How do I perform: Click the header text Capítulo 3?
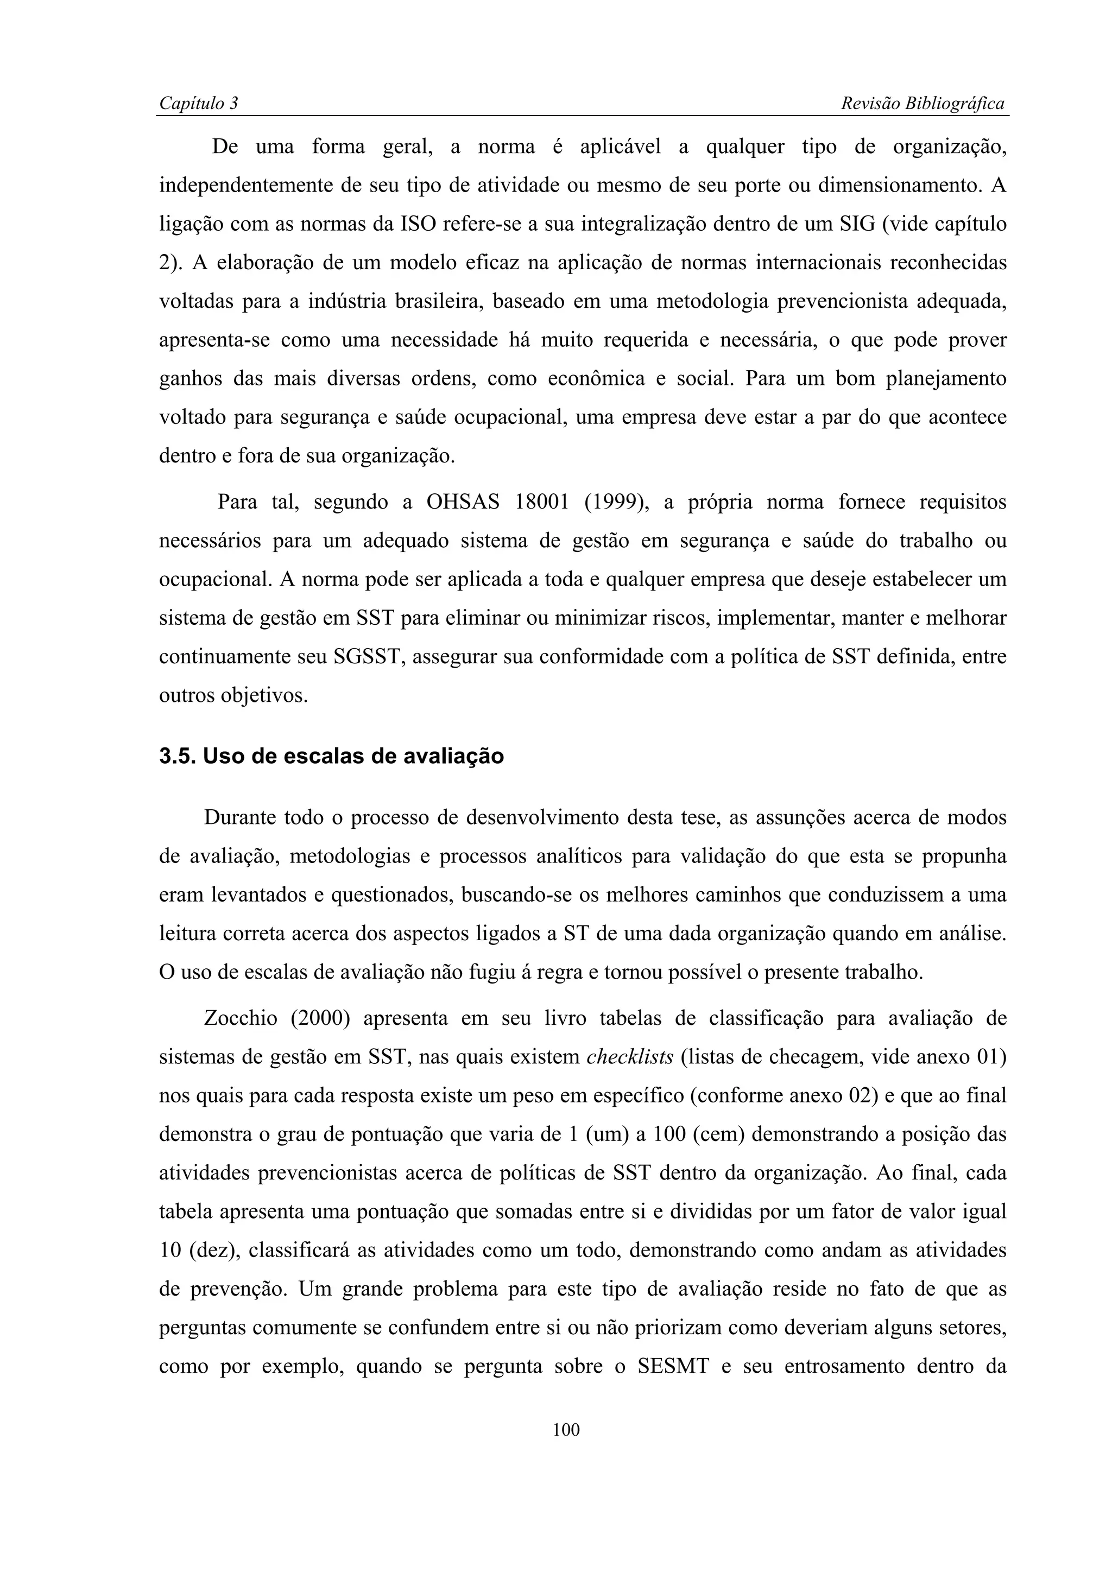click(x=198, y=104)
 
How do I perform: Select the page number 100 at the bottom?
click(x=566, y=1430)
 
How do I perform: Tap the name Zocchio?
click(x=241, y=1019)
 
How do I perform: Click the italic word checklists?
click(x=630, y=1057)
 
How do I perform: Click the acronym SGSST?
click(x=369, y=657)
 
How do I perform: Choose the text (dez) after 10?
click(x=211, y=1251)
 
